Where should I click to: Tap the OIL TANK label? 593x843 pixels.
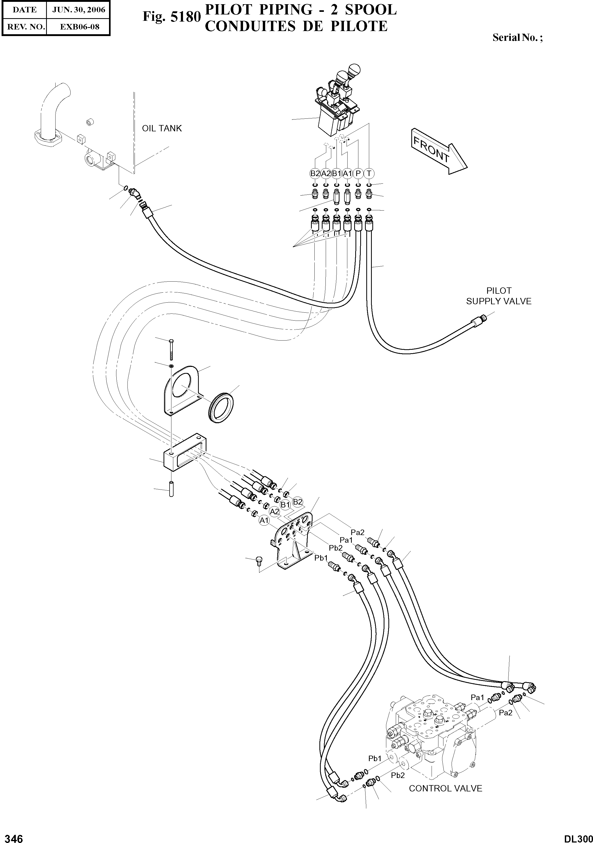(x=162, y=128)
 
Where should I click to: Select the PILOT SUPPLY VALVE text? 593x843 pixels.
(x=498, y=296)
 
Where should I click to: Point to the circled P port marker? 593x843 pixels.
(x=358, y=173)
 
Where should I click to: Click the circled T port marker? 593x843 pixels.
(x=369, y=173)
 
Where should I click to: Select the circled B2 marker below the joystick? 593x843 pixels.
(x=315, y=173)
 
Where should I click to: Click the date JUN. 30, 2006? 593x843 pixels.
(x=78, y=10)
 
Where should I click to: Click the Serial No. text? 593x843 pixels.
(x=517, y=37)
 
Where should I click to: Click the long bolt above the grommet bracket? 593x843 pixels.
(x=172, y=350)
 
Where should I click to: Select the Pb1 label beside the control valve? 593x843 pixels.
(x=375, y=758)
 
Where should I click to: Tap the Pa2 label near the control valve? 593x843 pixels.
(x=506, y=713)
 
